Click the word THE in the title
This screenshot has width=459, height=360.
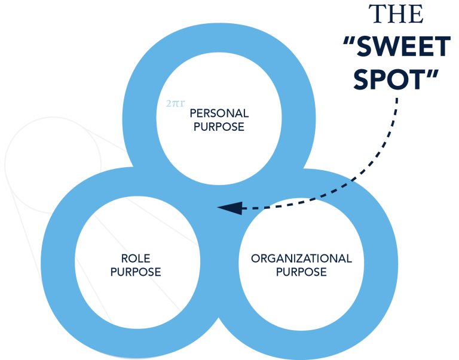396,14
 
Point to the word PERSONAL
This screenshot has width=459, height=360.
219,113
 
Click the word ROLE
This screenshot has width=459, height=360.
136,259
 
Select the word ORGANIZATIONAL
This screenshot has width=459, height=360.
301,259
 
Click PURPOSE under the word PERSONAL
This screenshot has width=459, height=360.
219,127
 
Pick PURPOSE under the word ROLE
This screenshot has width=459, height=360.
136,272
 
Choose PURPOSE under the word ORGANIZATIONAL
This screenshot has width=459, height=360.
301,272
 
